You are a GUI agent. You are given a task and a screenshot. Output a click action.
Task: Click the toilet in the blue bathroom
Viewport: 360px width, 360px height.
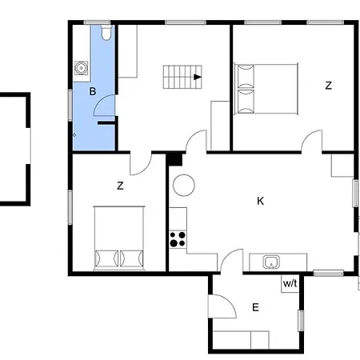pyautogui.click(x=106, y=33)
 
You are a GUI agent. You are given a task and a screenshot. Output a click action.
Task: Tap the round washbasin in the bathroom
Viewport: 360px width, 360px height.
pyautogui.click(x=81, y=68)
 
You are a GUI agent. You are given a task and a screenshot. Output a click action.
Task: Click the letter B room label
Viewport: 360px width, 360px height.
pyautogui.click(x=92, y=91)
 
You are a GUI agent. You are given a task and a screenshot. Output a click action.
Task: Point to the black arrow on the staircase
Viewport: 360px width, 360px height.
pyautogui.click(x=198, y=77)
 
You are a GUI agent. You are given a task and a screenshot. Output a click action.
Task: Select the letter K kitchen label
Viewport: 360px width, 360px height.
pyautogui.click(x=260, y=201)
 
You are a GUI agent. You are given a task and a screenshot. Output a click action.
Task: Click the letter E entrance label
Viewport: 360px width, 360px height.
pyautogui.click(x=255, y=307)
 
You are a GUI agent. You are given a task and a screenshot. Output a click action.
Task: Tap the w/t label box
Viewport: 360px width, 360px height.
pyautogui.click(x=290, y=283)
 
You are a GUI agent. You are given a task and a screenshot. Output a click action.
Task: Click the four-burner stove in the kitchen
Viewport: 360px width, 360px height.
pyautogui.click(x=178, y=239)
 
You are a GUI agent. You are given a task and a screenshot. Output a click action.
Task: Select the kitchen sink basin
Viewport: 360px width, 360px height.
pyautogui.click(x=271, y=262)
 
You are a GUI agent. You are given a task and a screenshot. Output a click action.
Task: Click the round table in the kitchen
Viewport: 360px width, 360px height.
pyautogui.click(x=184, y=185)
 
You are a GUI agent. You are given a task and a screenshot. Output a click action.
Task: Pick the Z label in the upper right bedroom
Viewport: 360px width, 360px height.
pyautogui.click(x=328, y=86)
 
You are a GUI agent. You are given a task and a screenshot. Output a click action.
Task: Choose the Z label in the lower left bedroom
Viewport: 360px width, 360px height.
pyautogui.click(x=120, y=186)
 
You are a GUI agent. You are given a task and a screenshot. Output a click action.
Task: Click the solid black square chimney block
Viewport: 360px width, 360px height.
pyautogui.click(x=174, y=159)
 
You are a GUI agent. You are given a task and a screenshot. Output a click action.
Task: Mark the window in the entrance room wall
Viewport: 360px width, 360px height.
pyautogui.click(x=301, y=321)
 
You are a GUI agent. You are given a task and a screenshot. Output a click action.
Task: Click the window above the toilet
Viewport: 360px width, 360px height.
pyautogui.click(x=98, y=22)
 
